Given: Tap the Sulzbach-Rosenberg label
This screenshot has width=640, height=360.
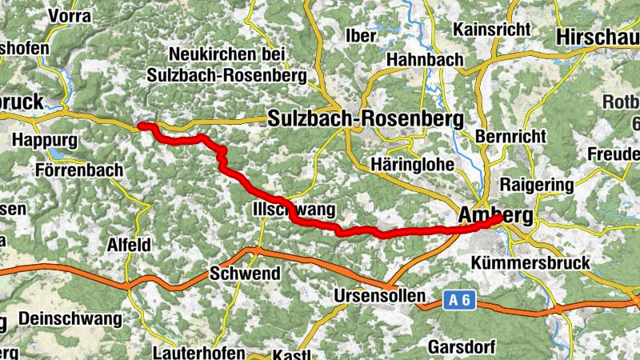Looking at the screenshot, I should pos(366,119).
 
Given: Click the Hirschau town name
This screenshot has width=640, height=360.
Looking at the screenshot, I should pos(596,37).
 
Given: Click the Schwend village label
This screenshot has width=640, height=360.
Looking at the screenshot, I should pos(245,274).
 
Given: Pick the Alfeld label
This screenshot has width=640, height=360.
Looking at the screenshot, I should pos(129,245).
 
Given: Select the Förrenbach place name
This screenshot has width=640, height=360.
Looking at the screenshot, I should pos(79,170).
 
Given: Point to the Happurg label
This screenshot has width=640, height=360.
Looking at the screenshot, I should pos(46,140).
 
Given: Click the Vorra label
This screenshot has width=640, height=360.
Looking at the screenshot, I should pos(70,15).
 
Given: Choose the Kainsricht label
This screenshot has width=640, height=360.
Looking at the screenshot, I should pos(491,29).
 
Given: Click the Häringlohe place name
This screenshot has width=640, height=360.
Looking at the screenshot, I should pos(413,164).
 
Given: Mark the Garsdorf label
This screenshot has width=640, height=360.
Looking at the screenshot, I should pos(462,347).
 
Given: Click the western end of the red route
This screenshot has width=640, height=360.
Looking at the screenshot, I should pos(141,126).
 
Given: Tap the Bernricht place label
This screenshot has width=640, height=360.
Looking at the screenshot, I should pos(510,137).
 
